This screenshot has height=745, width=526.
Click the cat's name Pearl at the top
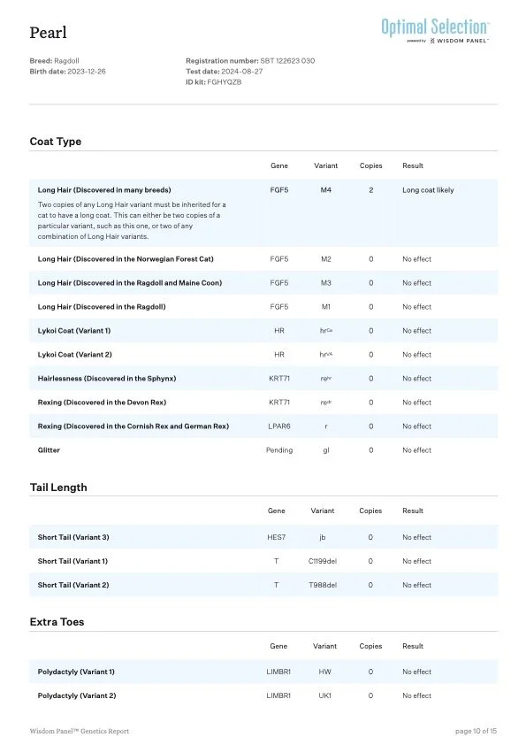pos(47,33)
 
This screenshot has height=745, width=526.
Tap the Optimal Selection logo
pos(435,27)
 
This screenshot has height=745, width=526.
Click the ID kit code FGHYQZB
pos(225,81)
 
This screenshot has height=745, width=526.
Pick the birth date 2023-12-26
pos(87,71)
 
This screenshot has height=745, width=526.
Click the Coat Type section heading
pos(56,142)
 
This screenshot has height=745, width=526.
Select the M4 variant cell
pos(325,190)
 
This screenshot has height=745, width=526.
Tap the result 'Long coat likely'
pos(428,190)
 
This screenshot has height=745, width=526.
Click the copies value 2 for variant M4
pos(370,190)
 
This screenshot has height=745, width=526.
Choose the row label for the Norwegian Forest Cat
pos(125,259)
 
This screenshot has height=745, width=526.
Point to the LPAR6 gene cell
pos(279,426)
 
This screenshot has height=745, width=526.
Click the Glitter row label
pos(49,450)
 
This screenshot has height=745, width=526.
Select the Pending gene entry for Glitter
pos(279,450)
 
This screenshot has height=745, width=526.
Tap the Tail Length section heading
pos(58,488)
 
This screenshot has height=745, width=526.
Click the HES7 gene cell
pos(277,537)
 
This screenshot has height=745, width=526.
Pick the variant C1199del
pos(323,561)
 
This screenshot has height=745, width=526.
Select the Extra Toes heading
pos(57,622)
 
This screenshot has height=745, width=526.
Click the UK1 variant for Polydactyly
pos(324,695)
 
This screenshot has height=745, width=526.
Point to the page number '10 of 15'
pos(476,731)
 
